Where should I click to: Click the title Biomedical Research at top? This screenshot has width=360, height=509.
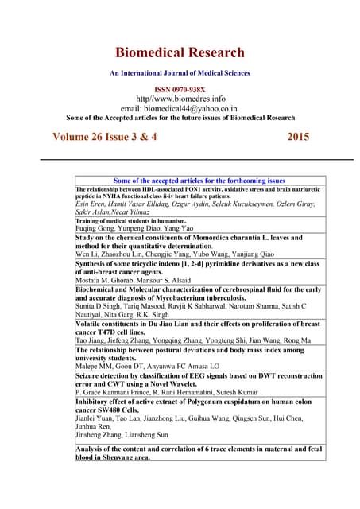pyautogui.click(x=180, y=53)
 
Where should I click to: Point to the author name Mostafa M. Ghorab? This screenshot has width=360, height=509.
pyautogui.click(x=107, y=282)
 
